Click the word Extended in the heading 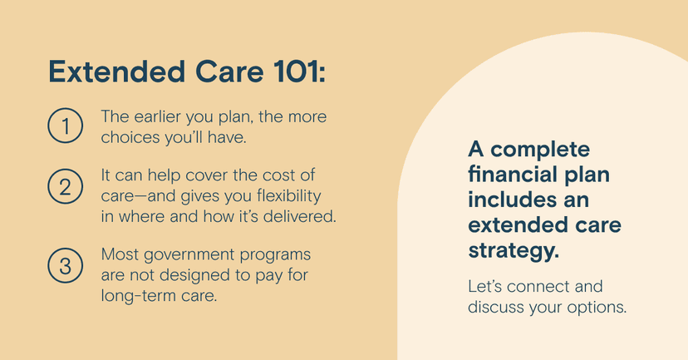point(116,72)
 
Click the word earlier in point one point(157,116)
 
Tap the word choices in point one point(130,137)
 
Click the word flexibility point(288,196)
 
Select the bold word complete point(540,150)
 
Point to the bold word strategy point(514,251)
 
